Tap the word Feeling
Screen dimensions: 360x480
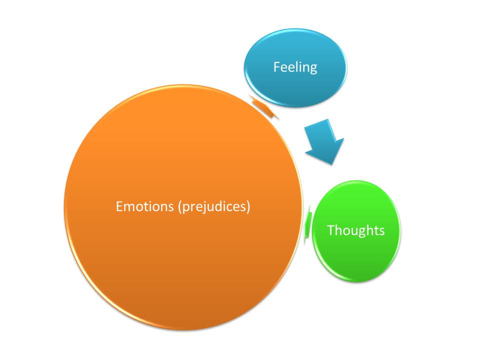295,67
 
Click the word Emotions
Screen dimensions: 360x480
144,206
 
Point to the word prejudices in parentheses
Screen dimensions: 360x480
214,206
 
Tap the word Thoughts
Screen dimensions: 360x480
355,230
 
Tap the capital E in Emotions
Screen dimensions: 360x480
119,206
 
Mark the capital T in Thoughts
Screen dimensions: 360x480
330,230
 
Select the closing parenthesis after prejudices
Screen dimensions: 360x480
247,206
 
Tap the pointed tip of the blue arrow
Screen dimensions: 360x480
332,164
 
